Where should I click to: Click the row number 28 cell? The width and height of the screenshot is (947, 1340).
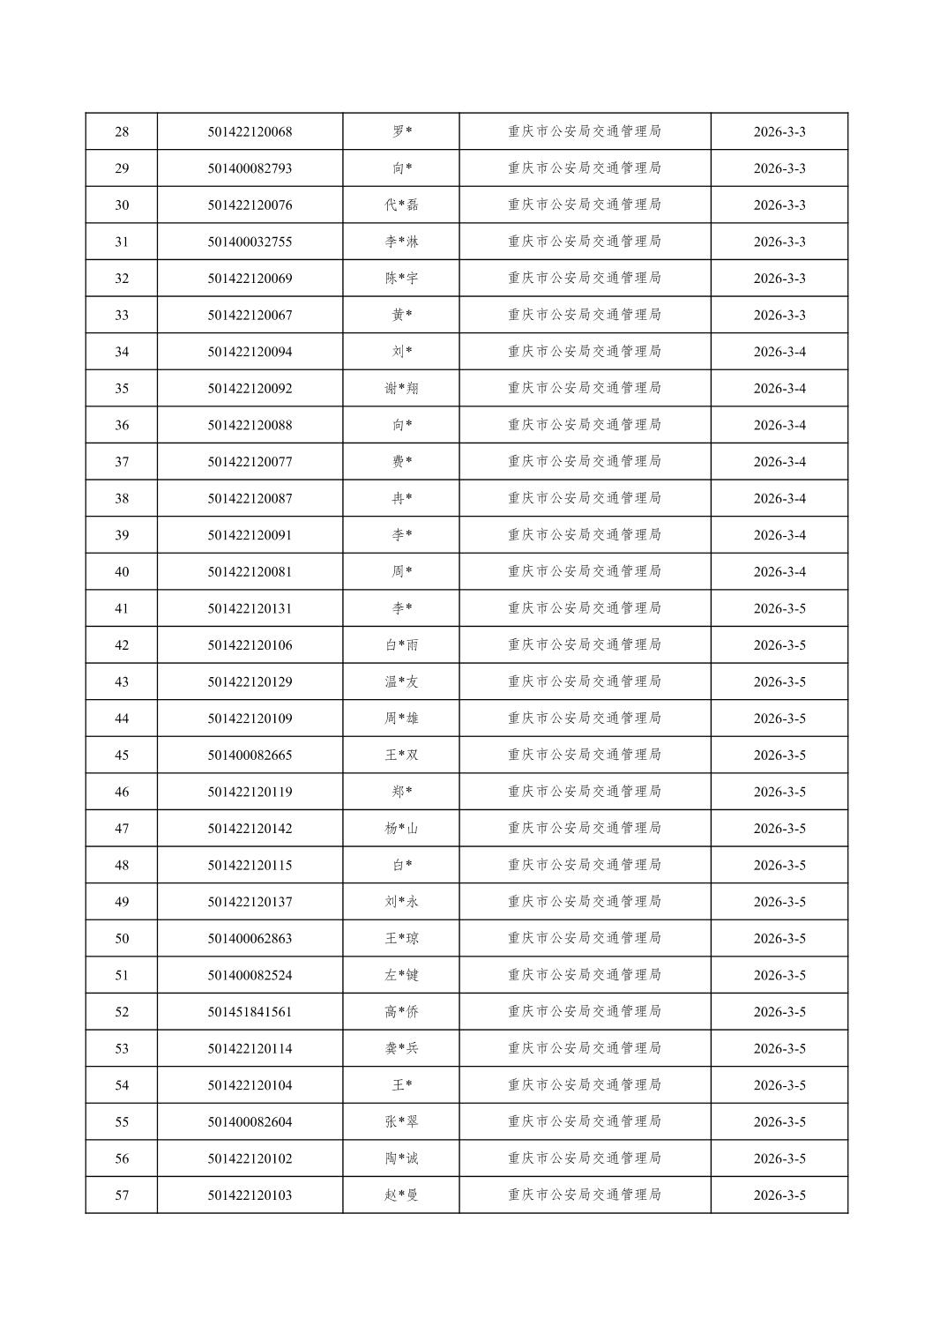(x=122, y=132)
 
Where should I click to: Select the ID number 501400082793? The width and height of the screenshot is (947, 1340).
(x=250, y=168)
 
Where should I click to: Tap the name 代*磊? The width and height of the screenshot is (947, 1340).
(x=401, y=205)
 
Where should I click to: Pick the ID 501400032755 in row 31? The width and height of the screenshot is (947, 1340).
(x=250, y=242)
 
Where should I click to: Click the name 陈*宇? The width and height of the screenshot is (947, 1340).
(x=401, y=279)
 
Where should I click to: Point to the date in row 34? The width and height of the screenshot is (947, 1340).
(x=779, y=352)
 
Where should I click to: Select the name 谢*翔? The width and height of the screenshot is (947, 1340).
(x=401, y=389)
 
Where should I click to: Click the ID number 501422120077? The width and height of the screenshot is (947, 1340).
(x=250, y=462)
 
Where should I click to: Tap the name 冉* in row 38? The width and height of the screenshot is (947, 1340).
(x=401, y=499)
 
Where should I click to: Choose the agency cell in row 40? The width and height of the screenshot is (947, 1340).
(x=584, y=571)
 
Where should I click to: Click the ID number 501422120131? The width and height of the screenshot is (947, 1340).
(x=250, y=608)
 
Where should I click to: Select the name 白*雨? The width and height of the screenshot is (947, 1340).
(x=401, y=645)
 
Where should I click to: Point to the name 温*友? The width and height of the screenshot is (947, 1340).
(x=401, y=681)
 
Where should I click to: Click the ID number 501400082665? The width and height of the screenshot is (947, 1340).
(x=250, y=756)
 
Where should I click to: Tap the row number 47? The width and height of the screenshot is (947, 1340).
(x=122, y=829)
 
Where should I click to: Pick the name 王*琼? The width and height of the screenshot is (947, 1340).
(x=401, y=939)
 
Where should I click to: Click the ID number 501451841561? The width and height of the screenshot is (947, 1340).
(x=250, y=1012)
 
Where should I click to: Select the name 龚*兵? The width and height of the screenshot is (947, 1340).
(x=401, y=1049)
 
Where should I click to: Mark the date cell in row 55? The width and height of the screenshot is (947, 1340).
(x=779, y=1122)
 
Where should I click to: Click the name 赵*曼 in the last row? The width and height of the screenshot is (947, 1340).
(x=401, y=1195)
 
